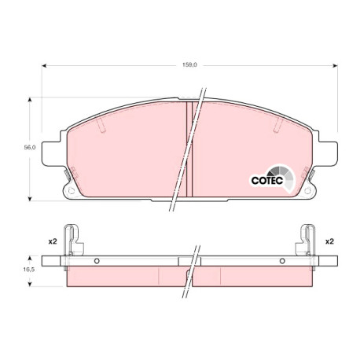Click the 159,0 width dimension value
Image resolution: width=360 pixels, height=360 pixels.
point(189,64)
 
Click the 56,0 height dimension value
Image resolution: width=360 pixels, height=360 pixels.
point(30,147)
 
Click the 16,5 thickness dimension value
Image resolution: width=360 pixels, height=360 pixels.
point(29,270)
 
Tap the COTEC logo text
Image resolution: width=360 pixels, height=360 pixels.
point(267,180)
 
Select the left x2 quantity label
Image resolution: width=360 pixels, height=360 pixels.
point(53,241)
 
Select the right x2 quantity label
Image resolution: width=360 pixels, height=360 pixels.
point(329,241)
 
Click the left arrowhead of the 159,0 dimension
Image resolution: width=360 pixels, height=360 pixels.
point(44,65)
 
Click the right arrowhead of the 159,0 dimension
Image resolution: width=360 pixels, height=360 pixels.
point(335,65)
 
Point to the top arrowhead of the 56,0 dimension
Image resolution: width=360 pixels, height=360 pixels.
point(30,100)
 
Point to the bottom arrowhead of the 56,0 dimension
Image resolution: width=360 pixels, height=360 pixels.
point(30,199)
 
